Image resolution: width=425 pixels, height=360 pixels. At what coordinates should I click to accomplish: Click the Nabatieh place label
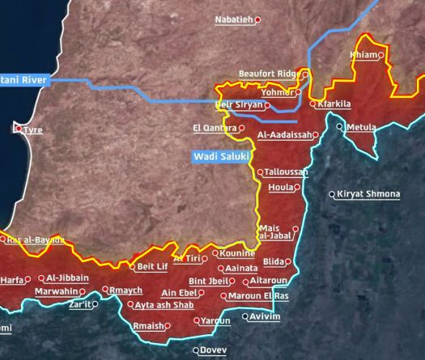[x=233, y=19]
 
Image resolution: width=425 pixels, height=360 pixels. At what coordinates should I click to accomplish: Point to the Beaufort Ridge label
[x=269, y=74]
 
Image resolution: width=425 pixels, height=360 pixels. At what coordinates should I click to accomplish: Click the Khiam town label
[x=363, y=55]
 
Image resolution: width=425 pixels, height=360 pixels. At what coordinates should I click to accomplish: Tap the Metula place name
[x=360, y=128]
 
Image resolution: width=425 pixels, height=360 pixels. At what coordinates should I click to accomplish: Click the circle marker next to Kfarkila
[x=312, y=104]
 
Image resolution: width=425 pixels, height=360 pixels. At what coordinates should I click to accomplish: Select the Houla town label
[x=280, y=187]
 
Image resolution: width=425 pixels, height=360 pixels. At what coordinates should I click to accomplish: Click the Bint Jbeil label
[x=208, y=281]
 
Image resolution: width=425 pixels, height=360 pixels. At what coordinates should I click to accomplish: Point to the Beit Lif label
[x=152, y=266]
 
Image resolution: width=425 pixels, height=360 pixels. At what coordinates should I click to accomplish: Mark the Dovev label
[x=213, y=350]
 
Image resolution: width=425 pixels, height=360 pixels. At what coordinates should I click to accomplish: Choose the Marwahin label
[x=60, y=291]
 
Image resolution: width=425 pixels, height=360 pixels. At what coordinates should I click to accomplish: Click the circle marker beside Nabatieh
[x=257, y=20]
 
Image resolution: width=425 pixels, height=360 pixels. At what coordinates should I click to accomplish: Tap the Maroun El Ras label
[x=258, y=295]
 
